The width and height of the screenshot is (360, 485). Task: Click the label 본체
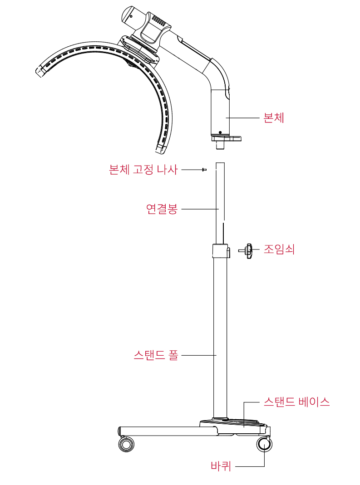tap(274, 118)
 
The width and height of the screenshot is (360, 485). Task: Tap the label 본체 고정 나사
tap(143, 170)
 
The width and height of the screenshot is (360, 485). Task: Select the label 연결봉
tap(162, 209)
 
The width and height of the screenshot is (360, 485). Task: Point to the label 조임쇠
tap(279, 249)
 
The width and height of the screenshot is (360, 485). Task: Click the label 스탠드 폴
tap(156, 355)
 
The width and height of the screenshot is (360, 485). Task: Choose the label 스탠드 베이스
tap(296, 402)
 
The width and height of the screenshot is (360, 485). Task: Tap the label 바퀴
tap(221, 465)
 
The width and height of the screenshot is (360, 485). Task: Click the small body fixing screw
tap(204, 170)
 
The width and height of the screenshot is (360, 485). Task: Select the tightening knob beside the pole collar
tap(247, 251)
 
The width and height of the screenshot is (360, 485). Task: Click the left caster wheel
tap(126, 444)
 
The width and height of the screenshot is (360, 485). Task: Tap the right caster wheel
tap(264, 444)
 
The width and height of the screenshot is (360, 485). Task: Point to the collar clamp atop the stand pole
tap(221, 251)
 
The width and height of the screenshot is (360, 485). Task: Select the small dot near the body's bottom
tap(220, 132)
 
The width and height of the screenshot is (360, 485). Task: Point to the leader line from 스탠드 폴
tap(199, 355)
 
